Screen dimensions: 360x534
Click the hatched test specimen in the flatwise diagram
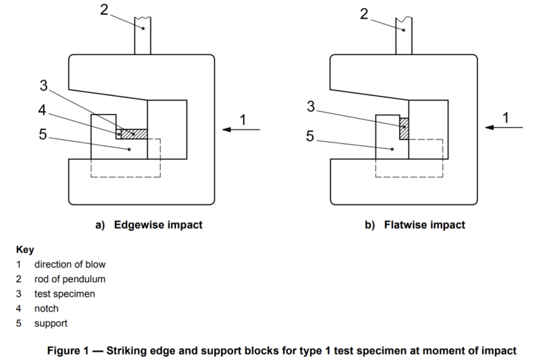coord(404,128)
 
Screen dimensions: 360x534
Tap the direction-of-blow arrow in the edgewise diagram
coord(241,129)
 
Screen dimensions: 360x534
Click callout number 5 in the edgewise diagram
coord(42,134)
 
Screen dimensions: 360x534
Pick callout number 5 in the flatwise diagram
coord(309,136)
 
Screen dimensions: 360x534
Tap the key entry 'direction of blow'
coord(70,264)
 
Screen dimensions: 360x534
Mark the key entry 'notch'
coord(46,308)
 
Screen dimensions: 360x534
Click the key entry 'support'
coord(51,323)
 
